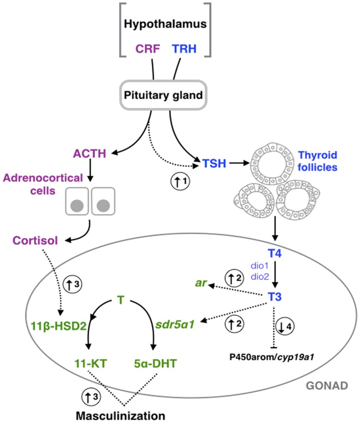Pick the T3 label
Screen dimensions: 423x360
pos(275,298)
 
